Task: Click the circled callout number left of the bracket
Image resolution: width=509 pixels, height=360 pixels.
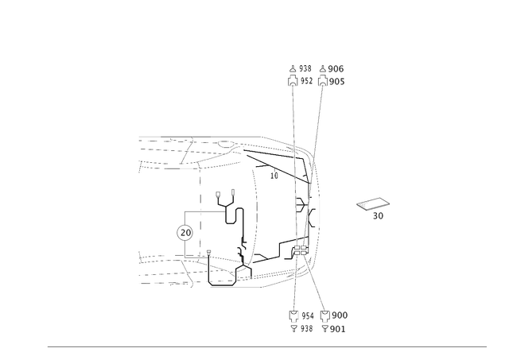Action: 184,232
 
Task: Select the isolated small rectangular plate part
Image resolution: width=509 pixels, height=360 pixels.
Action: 370,204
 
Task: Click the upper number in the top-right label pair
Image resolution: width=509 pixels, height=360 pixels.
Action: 336,68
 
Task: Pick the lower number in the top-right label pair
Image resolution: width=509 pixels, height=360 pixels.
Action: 336,81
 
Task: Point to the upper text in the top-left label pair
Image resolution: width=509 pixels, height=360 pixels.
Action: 301,68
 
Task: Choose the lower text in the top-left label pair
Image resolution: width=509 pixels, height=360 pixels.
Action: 301,81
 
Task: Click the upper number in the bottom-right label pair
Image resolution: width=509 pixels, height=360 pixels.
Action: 337,314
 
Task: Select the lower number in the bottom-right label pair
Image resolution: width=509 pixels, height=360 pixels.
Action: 337,327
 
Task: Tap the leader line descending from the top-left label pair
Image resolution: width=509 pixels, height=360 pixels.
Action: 295,111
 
